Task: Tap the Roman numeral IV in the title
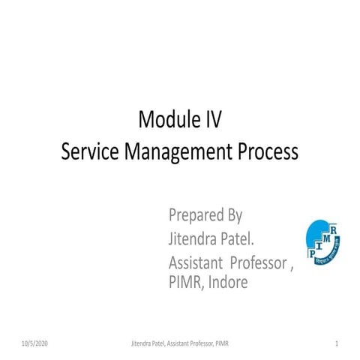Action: tap(213, 119)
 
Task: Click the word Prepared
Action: tap(196, 217)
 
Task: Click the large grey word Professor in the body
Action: tap(259, 263)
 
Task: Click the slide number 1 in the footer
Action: tap(337, 343)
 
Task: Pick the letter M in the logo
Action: tap(328, 238)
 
